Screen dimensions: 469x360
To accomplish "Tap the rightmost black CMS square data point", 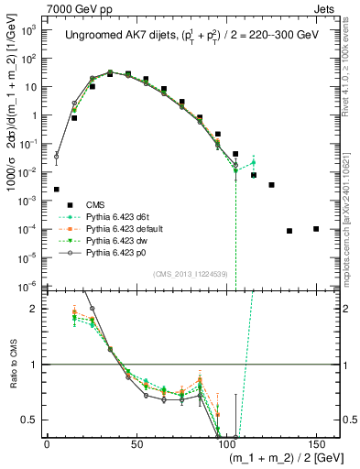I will point(316,228).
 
